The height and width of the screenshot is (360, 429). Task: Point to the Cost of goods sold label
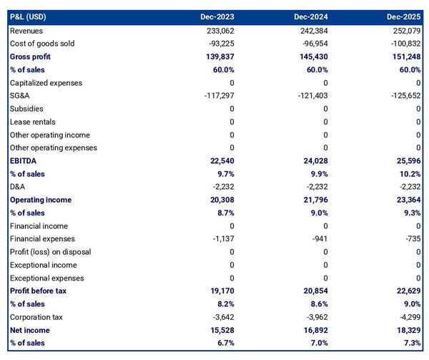pos(41,44)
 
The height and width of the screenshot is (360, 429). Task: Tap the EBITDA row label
pos(24,161)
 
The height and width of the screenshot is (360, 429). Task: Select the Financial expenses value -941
pos(320,239)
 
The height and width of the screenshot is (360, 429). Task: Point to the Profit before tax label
pos(39,291)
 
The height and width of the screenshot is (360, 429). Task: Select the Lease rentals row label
pos(32,122)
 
